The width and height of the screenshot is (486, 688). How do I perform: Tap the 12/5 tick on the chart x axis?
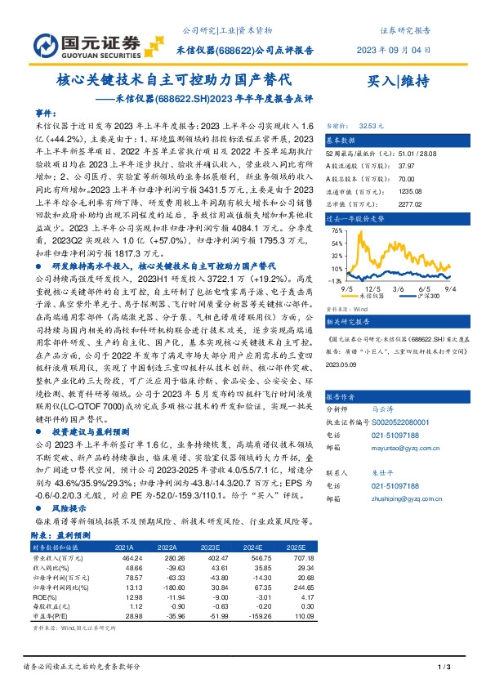coord(375,288)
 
